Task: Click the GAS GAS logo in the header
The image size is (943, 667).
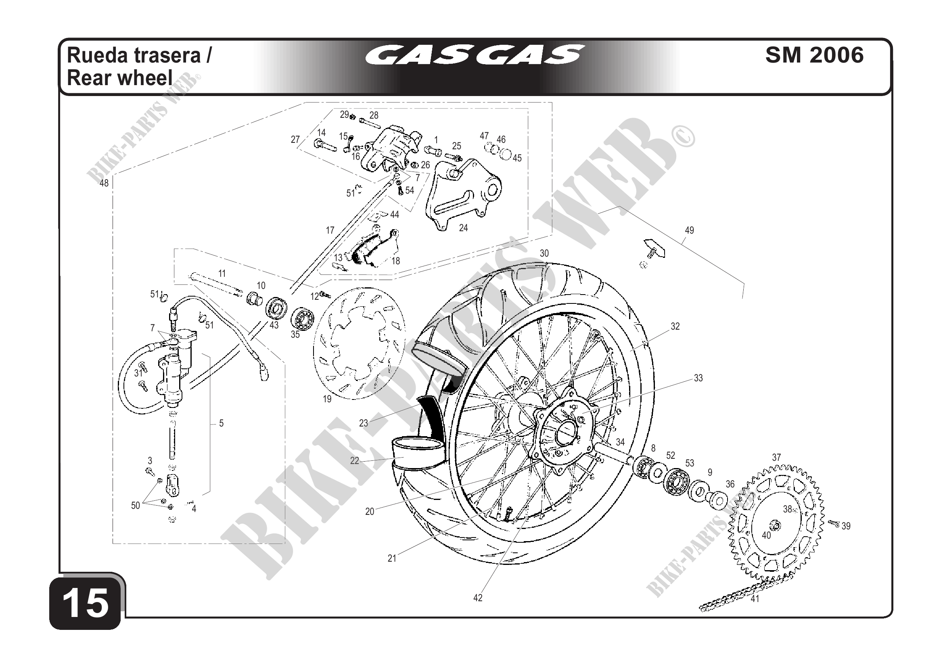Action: [475, 54]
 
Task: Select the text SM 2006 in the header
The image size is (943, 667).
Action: [814, 55]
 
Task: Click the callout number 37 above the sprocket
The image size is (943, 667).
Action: [776, 458]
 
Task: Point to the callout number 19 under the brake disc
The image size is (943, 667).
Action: [327, 399]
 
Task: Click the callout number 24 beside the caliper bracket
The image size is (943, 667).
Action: [463, 228]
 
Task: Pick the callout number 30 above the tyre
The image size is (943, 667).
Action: [544, 253]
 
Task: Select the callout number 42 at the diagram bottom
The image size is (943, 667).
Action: [478, 598]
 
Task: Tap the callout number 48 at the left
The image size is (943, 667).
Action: [104, 183]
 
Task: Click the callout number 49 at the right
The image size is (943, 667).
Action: [690, 230]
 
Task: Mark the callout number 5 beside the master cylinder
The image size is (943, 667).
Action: [221, 423]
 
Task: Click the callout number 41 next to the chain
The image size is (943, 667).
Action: [755, 599]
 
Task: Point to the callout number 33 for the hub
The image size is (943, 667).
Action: [698, 378]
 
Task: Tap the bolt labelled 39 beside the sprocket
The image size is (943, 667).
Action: [834, 523]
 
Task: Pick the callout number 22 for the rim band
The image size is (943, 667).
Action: [354, 461]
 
